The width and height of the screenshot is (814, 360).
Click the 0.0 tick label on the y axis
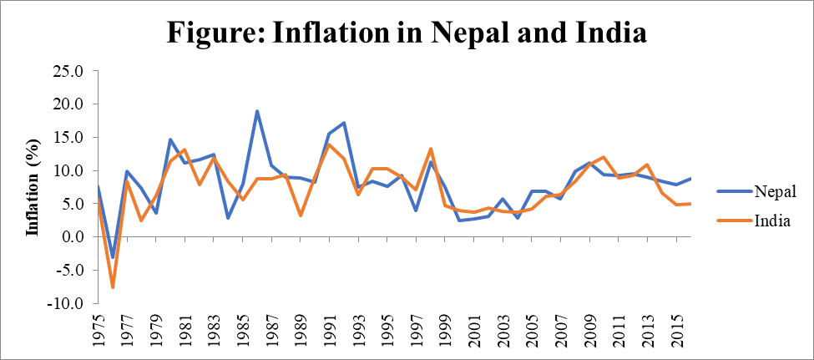click(x=73, y=237)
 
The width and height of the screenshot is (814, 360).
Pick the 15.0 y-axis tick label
click(x=69, y=138)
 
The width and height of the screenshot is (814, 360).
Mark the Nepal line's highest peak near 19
click(x=257, y=111)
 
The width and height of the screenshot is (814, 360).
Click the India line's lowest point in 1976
click(x=113, y=287)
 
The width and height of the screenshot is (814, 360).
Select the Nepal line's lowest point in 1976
click(x=114, y=258)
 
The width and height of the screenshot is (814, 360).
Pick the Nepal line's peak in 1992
click(x=344, y=123)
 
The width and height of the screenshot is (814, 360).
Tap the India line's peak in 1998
click(x=430, y=149)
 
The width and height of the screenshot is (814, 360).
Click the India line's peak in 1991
click(x=329, y=145)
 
